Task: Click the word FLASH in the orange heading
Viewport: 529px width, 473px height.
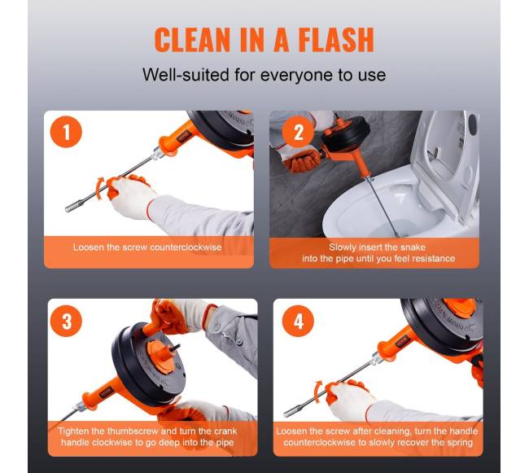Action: coord(336,39)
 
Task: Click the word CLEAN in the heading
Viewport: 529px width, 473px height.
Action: coord(193,39)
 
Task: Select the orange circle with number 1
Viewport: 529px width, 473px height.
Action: coord(66,132)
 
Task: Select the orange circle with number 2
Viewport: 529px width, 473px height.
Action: coord(298,132)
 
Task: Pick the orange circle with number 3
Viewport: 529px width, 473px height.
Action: coord(67,321)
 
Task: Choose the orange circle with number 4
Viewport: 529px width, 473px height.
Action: coord(298,321)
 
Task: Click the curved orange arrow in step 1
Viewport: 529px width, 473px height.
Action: coord(100,187)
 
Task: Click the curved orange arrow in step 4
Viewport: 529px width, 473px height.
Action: coord(318,392)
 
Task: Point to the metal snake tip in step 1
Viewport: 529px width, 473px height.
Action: coord(72,208)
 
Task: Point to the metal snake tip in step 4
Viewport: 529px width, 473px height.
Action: coord(291,412)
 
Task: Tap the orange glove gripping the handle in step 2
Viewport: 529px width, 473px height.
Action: coord(301,160)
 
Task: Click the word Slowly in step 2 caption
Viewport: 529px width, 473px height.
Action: coord(343,247)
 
